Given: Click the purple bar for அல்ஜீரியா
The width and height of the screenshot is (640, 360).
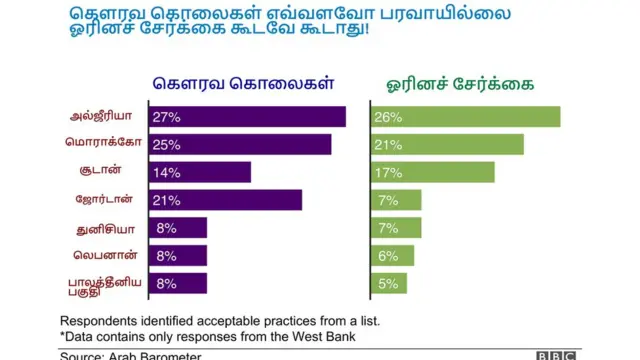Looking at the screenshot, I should tap(247, 117).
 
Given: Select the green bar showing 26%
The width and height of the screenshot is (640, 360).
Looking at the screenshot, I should tap(464, 117).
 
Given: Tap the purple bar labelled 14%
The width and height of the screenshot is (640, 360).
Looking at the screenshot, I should tap(200, 172).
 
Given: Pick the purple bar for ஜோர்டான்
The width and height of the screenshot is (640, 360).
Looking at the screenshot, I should tap(225, 200).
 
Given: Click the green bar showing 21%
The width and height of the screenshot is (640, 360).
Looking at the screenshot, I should tap(446, 145).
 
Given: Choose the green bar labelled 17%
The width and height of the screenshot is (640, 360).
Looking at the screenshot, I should tap(431, 172).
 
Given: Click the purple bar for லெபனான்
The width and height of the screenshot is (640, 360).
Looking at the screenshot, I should tap(178, 255).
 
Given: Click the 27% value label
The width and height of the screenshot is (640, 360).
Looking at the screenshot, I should tap(166, 117).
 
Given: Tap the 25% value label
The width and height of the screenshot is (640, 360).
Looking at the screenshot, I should tap(166, 145).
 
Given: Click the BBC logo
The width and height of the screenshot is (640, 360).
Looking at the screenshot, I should tap(556, 355).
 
